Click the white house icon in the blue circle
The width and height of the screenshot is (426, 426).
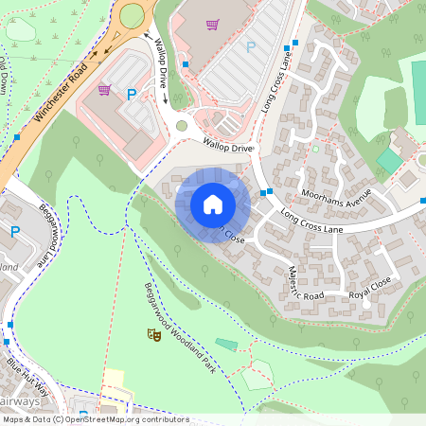[x=213, y=204]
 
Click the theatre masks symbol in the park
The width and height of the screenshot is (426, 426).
[x=152, y=334]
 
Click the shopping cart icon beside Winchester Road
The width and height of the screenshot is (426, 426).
[x=104, y=91]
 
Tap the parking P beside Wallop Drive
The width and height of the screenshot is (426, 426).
[x=132, y=94]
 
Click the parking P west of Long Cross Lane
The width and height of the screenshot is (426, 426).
[x=251, y=46]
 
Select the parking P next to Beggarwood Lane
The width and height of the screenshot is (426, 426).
[x=14, y=231]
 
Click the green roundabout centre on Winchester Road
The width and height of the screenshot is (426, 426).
[x=131, y=14]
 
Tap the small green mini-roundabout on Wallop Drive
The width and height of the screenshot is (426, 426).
[x=182, y=125]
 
